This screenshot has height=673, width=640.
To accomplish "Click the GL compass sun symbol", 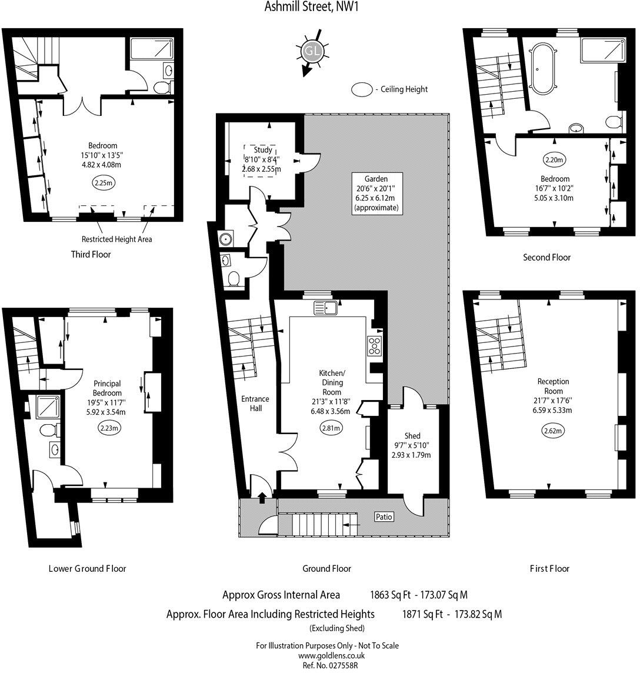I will pos(311,52).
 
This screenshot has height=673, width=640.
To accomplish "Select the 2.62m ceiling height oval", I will pos(553,431).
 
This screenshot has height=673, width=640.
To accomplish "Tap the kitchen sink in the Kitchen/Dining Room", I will pos(324,307).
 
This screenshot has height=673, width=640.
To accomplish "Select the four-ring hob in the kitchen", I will pos(375,345).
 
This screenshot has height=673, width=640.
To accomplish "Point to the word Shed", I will pos(412,435).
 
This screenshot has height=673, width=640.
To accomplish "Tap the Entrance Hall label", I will pos(255,403).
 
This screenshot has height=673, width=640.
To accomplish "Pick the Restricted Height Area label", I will pos(117,239).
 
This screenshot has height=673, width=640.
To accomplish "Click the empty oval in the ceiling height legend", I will pos(361,89).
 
